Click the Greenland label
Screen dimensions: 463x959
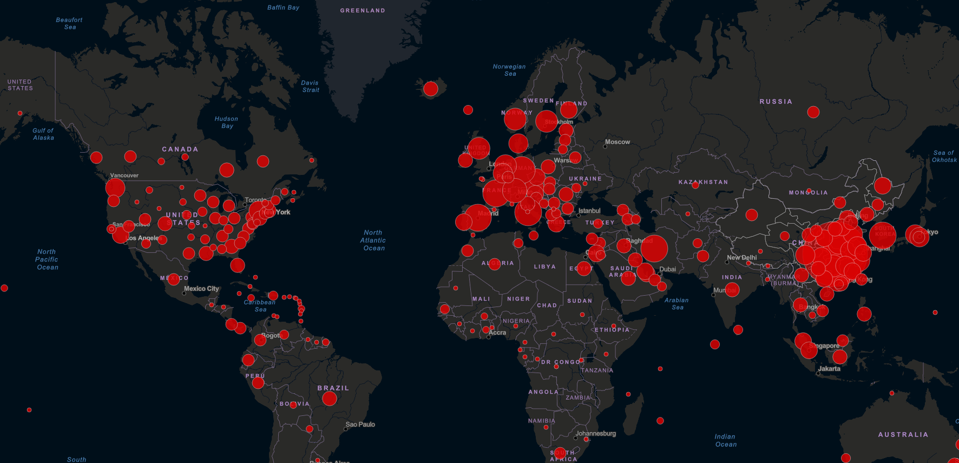363,10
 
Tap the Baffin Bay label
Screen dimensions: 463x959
283,8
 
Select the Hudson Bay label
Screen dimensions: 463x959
226,122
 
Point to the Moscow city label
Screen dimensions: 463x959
618,142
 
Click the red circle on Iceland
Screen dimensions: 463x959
431,89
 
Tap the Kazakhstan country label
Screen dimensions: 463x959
703,182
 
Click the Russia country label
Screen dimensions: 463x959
776,102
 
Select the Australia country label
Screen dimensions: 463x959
903,434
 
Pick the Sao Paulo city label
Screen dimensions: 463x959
360,425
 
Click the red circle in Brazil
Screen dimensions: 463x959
330,399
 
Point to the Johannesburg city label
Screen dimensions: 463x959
595,433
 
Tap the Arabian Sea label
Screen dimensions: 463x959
676,304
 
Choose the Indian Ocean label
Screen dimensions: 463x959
725,440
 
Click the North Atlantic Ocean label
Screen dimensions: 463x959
373,240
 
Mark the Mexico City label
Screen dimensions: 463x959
201,289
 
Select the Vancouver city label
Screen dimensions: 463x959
124,175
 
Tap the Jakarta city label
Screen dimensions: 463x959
829,369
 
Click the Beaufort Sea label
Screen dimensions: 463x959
69,23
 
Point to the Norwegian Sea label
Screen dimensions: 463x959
509,70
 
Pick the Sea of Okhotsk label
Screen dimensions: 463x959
944,156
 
